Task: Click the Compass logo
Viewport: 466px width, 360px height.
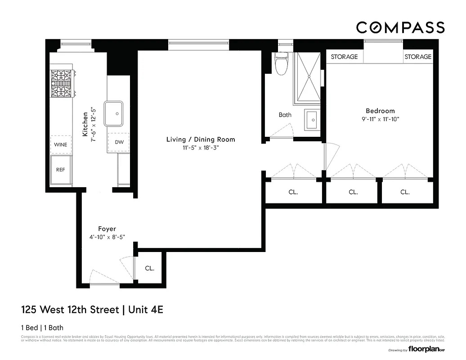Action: tap(400, 27)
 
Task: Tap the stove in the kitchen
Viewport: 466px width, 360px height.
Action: tap(61, 84)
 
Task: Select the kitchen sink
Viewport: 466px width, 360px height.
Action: tap(114, 113)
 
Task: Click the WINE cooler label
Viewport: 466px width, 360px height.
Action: tap(61, 145)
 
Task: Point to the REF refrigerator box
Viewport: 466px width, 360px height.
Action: tap(61, 170)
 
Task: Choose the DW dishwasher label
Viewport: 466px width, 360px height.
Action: tap(119, 142)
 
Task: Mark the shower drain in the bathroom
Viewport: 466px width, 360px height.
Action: tap(309, 77)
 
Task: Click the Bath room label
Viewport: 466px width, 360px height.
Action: tap(285, 115)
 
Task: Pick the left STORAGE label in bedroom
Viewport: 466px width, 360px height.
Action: tap(344, 57)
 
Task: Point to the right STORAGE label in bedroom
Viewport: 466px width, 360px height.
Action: tap(417, 57)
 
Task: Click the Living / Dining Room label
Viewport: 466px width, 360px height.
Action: tap(201, 139)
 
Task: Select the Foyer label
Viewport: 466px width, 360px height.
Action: tap(107, 229)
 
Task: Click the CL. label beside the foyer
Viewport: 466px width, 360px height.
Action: tap(149, 268)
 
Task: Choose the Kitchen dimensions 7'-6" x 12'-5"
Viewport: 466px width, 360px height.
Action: tap(94, 126)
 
